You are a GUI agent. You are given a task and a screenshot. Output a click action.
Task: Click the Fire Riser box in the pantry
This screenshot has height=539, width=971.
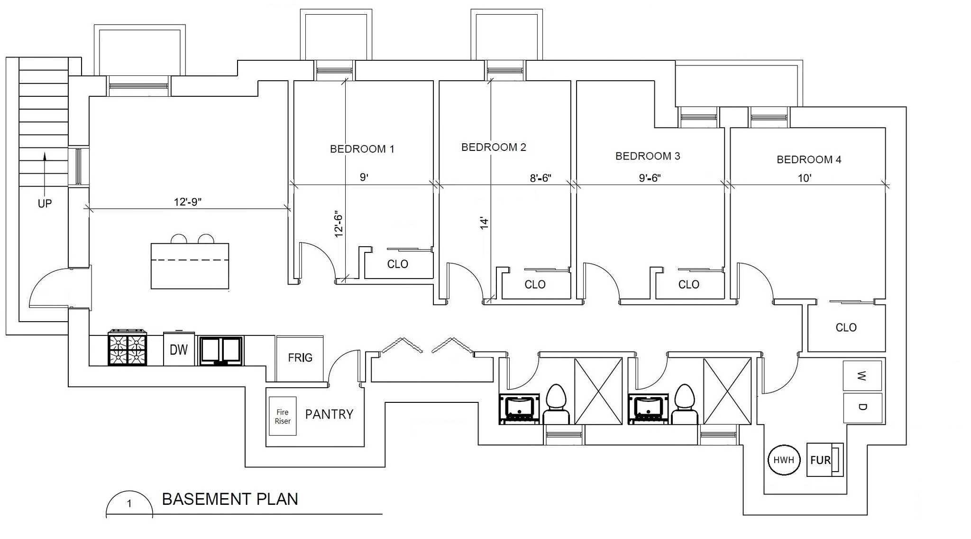(x=283, y=416)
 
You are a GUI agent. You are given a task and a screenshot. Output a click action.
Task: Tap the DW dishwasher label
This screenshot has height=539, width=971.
(x=179, y=350)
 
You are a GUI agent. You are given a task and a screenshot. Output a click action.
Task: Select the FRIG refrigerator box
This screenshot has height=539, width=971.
(x=300, y=358)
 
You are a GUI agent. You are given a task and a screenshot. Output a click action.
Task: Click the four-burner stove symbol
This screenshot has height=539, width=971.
(x=127, y=348)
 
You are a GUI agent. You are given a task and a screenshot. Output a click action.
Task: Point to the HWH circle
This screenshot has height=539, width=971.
(x=784, y=459)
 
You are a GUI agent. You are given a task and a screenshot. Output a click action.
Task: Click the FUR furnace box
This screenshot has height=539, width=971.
(x=824, y=459)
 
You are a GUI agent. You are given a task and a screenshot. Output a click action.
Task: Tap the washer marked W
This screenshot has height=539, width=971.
(x=862, y=376)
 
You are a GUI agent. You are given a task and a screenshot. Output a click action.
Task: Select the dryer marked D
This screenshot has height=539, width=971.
(x=862, y=408)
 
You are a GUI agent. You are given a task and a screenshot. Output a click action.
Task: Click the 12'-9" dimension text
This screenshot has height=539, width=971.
(x=188, y=202)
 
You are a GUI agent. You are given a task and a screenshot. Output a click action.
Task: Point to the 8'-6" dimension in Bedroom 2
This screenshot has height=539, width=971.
(x=540, y=178)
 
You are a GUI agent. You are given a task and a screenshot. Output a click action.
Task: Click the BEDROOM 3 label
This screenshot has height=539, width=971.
(x=648, y=156)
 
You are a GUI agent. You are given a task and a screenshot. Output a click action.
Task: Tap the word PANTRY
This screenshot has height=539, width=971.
(x=329, y=414)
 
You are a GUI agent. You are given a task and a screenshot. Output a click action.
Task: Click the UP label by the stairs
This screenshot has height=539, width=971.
(x=45, y=204)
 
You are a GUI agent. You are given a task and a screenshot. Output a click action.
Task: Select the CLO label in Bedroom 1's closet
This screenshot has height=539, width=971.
(x=397, y=264)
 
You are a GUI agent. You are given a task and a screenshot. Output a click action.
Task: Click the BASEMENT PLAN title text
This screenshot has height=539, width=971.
(x=230, y=499)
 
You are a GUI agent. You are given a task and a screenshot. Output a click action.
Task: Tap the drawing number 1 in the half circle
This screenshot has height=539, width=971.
(x=129, y=504)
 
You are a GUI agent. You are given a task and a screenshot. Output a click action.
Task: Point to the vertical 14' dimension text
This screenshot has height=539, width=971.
(x=484, y=223)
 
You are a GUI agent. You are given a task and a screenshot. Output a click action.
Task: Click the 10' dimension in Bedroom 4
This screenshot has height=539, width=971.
(x=805, y=178)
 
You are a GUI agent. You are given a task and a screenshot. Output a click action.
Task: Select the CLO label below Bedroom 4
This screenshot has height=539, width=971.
(x=846, y=327)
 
